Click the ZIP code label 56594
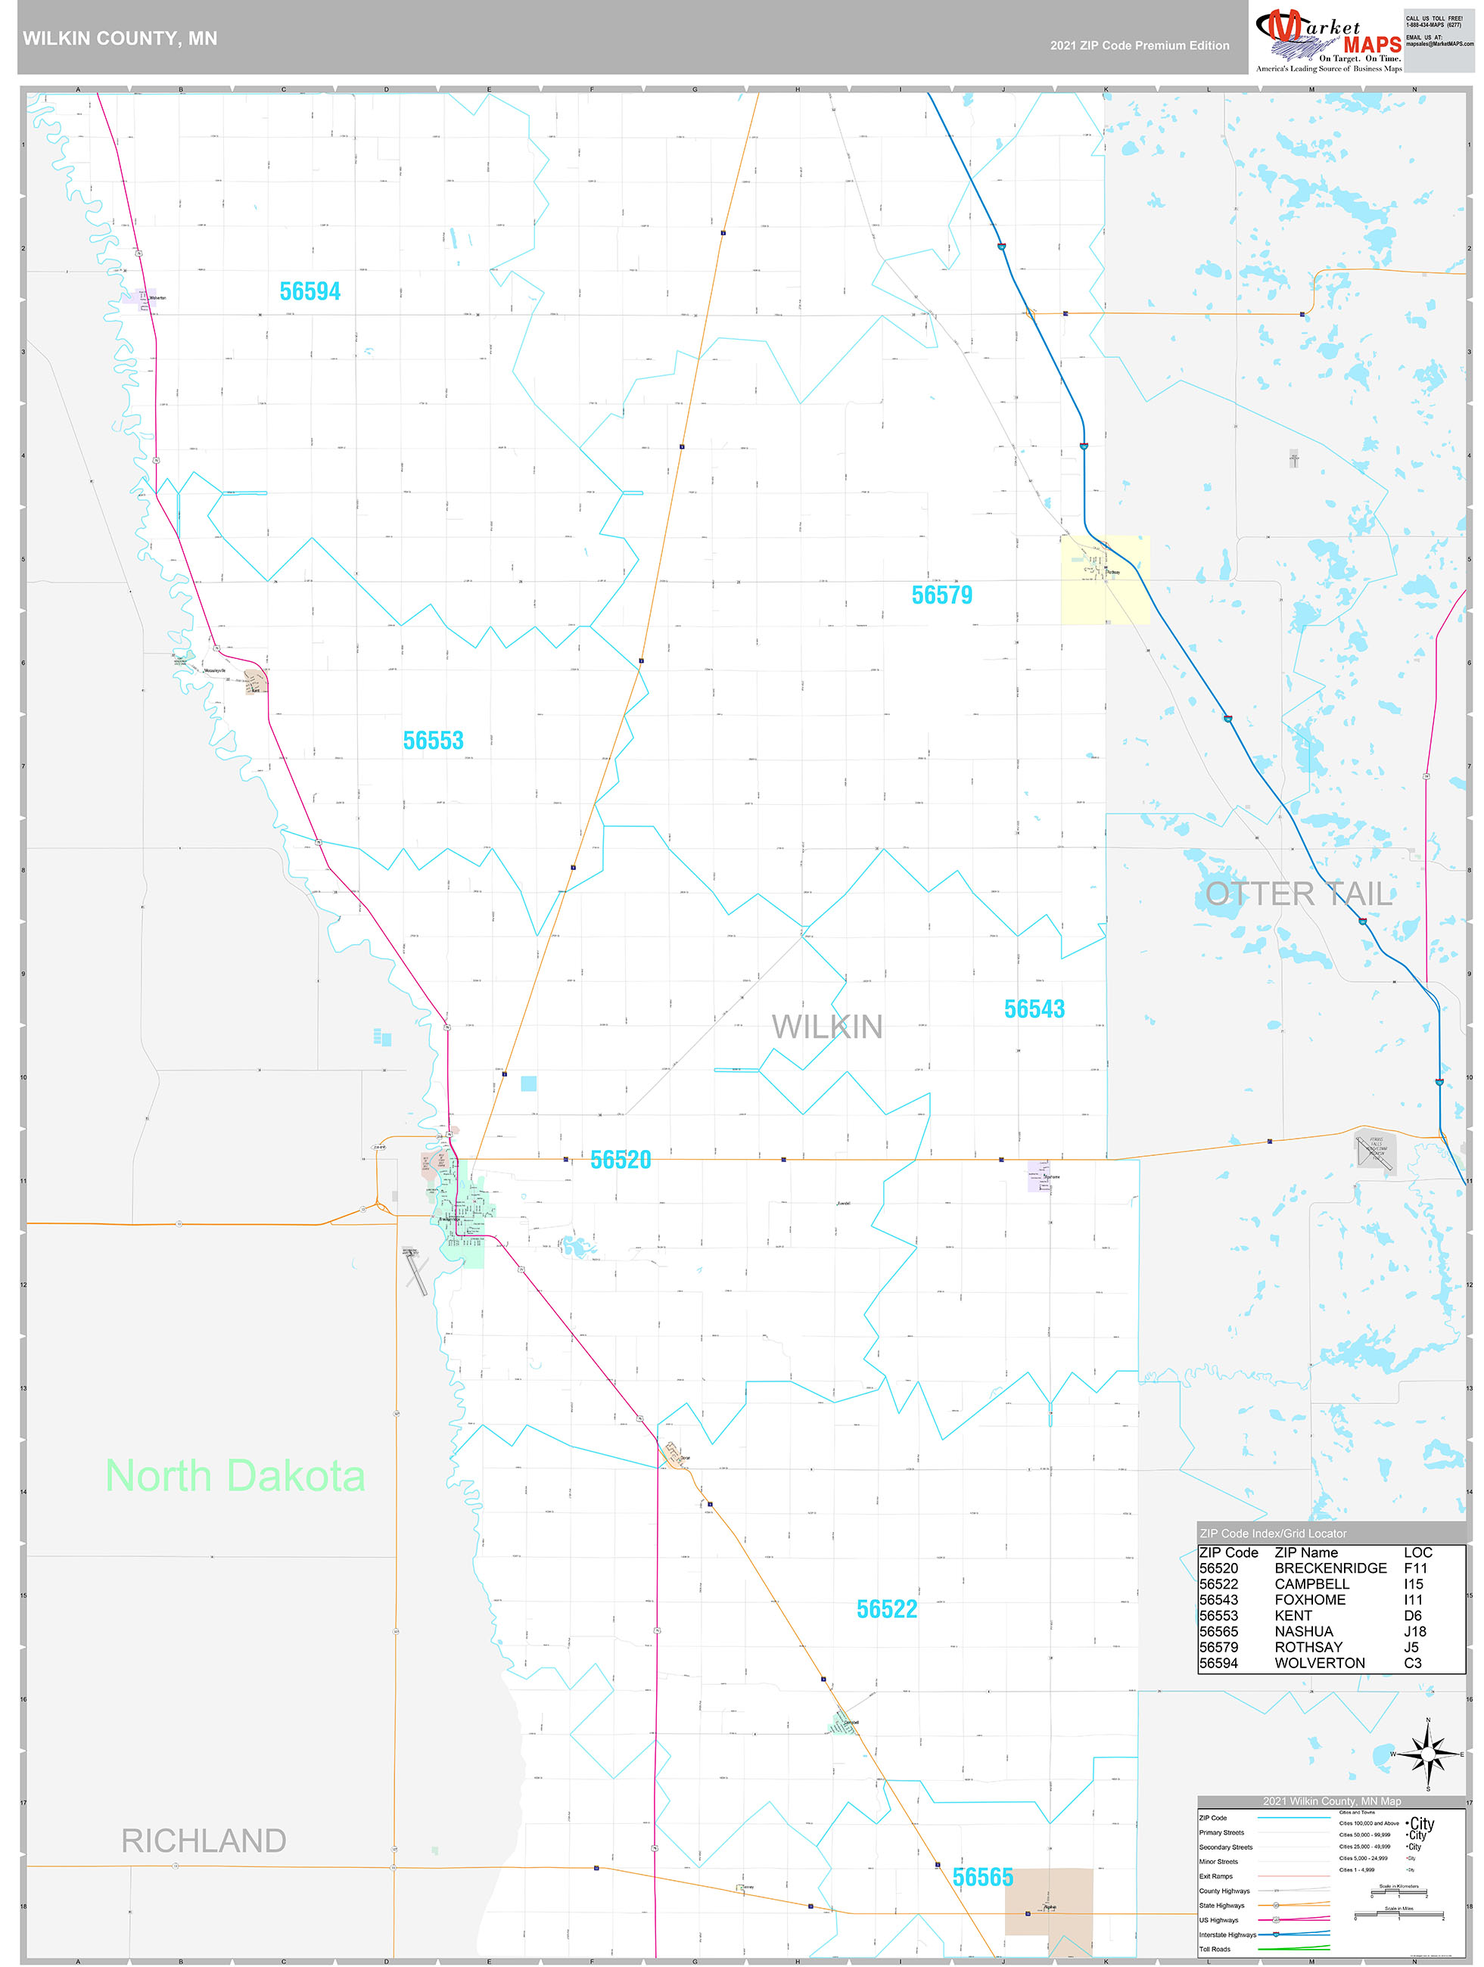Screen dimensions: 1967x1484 coord(310,292)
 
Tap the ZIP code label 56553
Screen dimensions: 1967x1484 coord(434,741)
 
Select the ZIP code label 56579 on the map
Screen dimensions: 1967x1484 coord(941,595)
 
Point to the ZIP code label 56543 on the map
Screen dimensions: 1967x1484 coord(1034,1009)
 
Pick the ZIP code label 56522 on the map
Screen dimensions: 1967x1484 coord(886,1609)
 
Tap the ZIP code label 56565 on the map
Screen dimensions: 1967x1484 coord(982,1877)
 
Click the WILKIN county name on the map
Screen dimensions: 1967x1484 coord(826,1027)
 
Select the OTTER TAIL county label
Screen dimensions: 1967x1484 coord(1298,893)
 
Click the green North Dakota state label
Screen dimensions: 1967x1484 coord(235,1476)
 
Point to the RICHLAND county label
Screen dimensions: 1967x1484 coord(203,1841)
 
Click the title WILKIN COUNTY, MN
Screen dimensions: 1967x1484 coord(120,39)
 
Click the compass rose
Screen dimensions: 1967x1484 coord(1428,1754)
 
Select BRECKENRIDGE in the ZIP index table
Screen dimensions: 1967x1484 coord(1330,1568)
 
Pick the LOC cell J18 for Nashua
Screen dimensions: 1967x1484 coord(1414,1631)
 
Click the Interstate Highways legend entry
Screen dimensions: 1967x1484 coord(1227,1934)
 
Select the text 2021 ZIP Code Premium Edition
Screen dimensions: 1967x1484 coord(1139,45)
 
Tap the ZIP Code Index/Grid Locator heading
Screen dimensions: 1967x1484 coord(1272,1533)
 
